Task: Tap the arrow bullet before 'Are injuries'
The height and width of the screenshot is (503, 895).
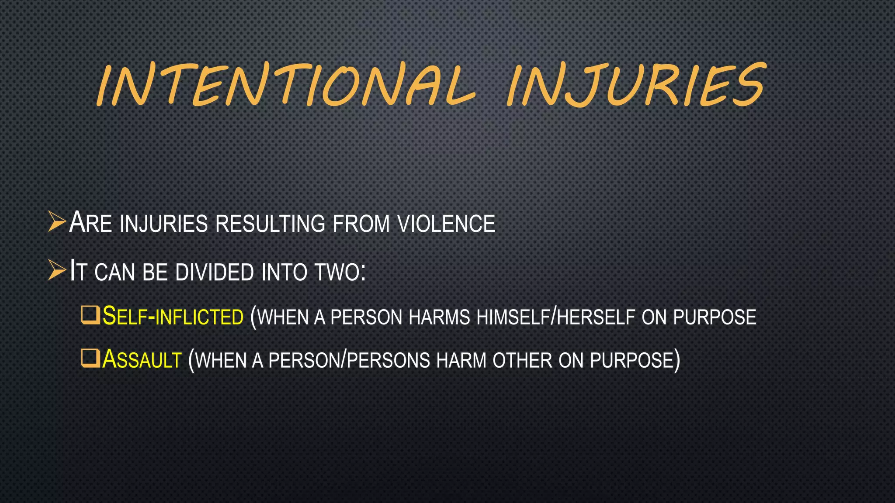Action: click(x=57, y=221)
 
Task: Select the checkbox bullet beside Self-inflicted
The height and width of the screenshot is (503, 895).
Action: click(x=90, y=315)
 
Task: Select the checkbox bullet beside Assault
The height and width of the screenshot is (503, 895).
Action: click(x=90, y=358)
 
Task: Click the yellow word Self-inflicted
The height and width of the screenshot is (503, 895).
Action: click(x=173, y=316)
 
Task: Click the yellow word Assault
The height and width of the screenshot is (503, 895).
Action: click(x=142, y=360)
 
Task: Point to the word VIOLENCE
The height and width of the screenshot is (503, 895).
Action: click(x=446, y=224)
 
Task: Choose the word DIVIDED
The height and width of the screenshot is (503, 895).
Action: click(x=215, y=272)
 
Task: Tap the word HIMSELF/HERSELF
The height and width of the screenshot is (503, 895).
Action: click(x=555, y=317)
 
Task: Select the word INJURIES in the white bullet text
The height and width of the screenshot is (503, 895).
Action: click(x=163, y=224)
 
